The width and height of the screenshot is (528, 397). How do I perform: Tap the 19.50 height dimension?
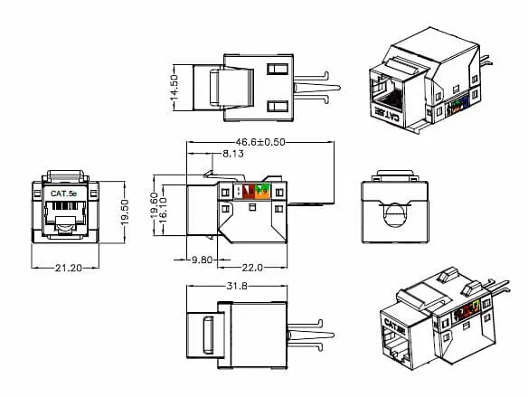click(x=125, y=210)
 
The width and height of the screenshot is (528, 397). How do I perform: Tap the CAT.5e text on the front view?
click(x=61, y=193)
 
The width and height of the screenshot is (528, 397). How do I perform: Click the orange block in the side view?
click(x=261, y=191)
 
